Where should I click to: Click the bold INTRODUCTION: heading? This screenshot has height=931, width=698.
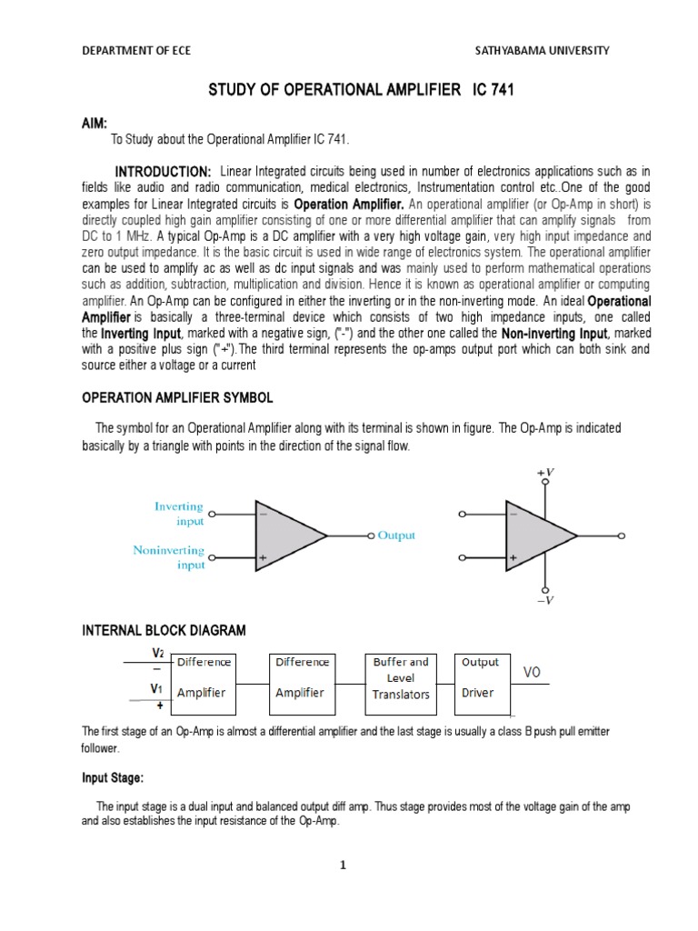point(163,172)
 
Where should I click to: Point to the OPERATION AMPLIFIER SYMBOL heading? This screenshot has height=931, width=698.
point(177,398)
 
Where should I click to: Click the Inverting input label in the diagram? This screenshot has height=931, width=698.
point(179,514)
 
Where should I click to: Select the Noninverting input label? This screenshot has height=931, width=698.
point(169,557)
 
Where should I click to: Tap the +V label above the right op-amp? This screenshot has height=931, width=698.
point(546,473)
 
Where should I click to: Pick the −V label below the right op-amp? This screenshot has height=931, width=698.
point(546,600)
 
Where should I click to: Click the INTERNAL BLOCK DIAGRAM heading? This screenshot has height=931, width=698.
point(165,630)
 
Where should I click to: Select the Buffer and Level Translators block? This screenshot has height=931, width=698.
point(401,678)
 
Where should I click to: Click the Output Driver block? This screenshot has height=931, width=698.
point(482,678)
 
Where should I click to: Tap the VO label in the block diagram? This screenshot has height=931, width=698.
point(532,675)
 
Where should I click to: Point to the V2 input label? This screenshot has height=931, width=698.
point(157,654)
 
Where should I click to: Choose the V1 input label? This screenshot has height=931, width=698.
point(157,690)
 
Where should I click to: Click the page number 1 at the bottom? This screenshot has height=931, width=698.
point(344,865)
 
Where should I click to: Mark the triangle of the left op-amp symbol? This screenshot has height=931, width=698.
point(286,536)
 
